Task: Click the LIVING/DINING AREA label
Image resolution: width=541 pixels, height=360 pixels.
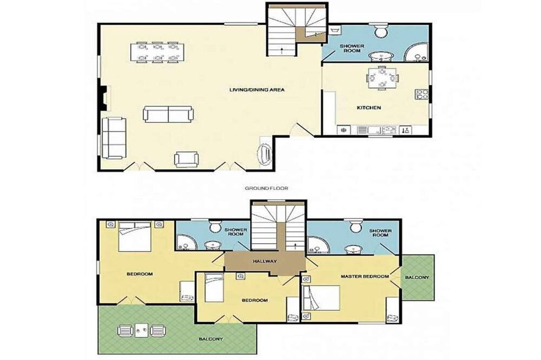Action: pyautogui.click(x=257, y=90)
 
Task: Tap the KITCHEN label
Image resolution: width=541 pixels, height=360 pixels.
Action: pyautogui.click(x=369, y=108)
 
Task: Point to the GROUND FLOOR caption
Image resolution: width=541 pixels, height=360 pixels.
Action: pyautogui.click(x=266, y=188)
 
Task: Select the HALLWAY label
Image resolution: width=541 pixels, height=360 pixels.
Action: pyautogui.click(x=265, y=261)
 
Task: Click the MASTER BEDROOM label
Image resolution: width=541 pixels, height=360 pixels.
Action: pyautogui.click(x=365, y=277)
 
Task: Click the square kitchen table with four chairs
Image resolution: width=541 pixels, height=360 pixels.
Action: pyautogui.click(x=382, y=78)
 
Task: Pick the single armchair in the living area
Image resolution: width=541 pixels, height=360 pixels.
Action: pyautogui.click(x=187, y=159)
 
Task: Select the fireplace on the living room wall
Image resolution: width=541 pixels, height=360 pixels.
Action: pyautogui.click(x=103, y=98)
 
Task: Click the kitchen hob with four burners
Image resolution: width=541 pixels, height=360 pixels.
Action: pyautogui.click(x=422, y=95)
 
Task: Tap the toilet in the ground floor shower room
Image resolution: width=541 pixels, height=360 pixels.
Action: pyautogui.click(x=381, y=30)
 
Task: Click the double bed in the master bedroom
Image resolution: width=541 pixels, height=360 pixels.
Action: pyautogui.click(x=320, y=298)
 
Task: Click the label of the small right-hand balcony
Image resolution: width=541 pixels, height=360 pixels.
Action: pyautogui.click(x=417, y=278)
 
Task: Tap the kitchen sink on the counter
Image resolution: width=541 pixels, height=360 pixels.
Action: pyautogui.click(x=389, y=130)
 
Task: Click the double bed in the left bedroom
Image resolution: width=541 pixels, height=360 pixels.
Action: pyautogui.click(x=135, y=236)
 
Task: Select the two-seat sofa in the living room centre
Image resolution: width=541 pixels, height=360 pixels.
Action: pyautogui.click(x=168, y=114)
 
